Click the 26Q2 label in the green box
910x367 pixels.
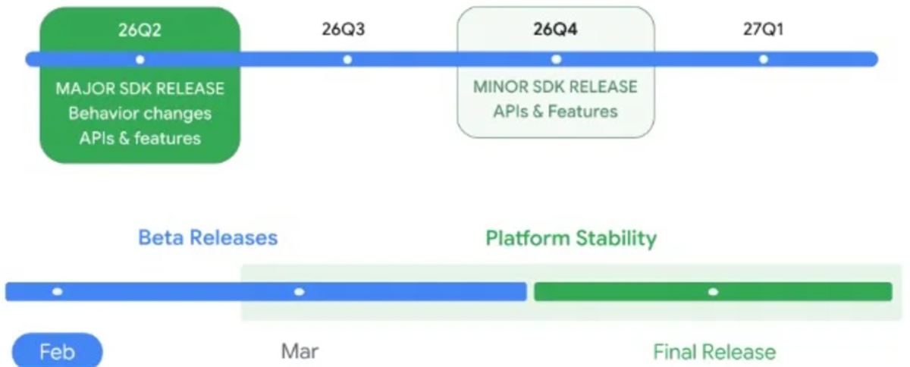[x=140, y=30]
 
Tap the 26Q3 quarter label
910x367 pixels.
[x=344, y=30]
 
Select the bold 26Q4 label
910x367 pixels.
[x=555, y=30]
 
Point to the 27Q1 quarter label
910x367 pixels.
[x=764, y=30]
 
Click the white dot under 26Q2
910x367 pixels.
[x=140, y=60]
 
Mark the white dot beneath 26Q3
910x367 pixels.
[x=347, y=60]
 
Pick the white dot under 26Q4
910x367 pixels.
[x=556, y=59]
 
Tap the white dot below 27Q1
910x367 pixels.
[x=764, y=59]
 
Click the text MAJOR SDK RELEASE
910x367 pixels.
[x=140, y=89]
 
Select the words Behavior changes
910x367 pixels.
[x=140, y=114]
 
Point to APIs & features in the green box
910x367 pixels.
[x=140, y=138]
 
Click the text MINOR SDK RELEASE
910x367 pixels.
[x=555, y=87]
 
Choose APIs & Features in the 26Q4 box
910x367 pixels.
[x=555, y=111]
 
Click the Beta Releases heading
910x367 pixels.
[x=208, y=238]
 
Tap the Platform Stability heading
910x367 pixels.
[x=571, y=239]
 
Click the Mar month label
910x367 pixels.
[x=300, y=352]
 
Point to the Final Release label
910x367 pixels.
[x=714, y=352]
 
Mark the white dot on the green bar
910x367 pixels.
[x=713, y=292]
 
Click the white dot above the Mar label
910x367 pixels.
[x=300, y=292]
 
